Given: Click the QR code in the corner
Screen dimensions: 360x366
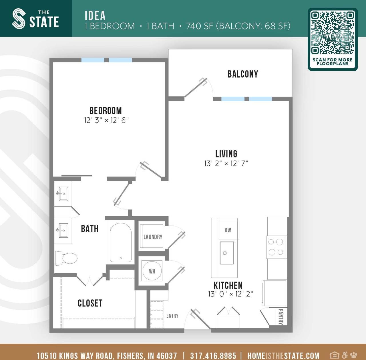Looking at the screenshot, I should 333,33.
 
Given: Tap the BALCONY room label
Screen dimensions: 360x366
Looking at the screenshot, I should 243,74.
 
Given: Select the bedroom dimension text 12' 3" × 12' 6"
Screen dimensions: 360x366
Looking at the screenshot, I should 106,120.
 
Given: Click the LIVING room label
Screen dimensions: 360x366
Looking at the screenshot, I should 226,154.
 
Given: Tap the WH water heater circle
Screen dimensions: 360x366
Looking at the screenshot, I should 152,271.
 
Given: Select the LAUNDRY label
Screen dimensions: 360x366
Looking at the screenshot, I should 153,237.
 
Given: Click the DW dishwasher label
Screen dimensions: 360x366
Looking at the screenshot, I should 228,230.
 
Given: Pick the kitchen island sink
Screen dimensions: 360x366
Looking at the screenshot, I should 227,253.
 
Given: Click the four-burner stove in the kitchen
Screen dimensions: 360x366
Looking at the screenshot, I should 276,247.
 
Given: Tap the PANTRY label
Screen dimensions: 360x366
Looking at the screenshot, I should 281,317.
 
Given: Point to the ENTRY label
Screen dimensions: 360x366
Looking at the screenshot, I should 172,316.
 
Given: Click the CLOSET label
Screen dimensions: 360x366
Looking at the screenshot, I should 90,303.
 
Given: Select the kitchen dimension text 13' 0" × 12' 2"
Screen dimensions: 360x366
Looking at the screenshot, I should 230,294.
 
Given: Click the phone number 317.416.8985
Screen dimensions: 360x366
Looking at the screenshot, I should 213,355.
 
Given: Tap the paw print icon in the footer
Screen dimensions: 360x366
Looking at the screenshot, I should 354,355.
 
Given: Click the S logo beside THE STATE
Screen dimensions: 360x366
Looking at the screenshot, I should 19,19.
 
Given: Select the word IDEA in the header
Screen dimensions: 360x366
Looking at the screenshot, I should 95,15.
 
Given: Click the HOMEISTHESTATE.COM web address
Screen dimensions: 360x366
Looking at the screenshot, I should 283,355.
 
